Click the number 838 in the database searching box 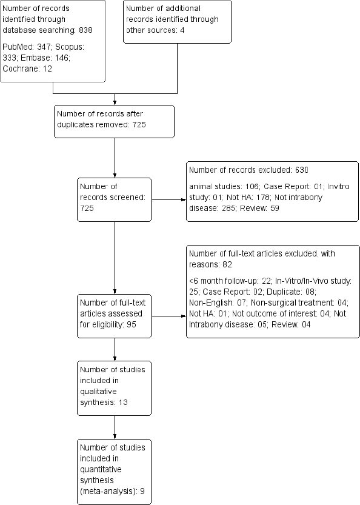click(x=85, y=30)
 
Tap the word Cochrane click(x=20, y=69)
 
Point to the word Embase click(x=33, y=58)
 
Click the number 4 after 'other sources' click(x=182, y=30)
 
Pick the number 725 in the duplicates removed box click(x=139, y=125)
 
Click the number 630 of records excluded click(x=301, y=170)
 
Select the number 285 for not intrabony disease click(x=228, y=208)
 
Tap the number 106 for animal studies click(x=252, y=187)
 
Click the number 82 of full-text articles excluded click(x=227, y=264)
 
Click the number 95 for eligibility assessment click(x=132, y=324)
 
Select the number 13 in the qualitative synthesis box click(x=122, y=403)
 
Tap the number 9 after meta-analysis click(x=142, y=491)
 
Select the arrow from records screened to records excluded click(x=168, y=199)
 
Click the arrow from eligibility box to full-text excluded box click(x=168, y=316)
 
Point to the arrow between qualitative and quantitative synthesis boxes click(x=115, y=427)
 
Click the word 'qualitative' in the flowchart click(x=98, y=392)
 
